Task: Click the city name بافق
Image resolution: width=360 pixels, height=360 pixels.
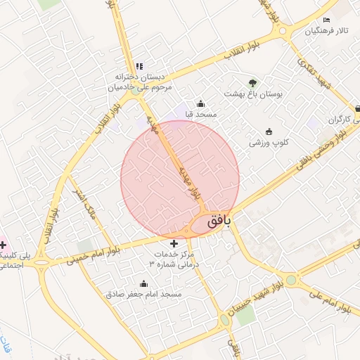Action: (x=219, y=222)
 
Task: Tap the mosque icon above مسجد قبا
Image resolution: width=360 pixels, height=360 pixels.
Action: (x=200, y=103)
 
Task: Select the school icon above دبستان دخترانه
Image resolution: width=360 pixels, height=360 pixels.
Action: (x=139, y=66)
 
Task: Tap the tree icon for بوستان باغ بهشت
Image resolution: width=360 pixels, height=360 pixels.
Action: (x=253, y=82)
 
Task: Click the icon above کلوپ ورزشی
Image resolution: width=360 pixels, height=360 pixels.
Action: (x=268, y=131)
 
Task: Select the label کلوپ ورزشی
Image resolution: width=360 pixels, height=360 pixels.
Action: (x=267, y=142)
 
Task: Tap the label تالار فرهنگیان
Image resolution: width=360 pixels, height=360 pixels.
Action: (x=326, y=32)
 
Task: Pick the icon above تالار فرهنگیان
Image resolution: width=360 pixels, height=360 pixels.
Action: (x=326, y=20)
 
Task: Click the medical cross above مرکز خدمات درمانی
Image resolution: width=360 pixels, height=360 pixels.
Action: (x=175, y=243)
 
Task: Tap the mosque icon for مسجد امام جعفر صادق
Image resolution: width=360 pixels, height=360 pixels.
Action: (x=144, y=283)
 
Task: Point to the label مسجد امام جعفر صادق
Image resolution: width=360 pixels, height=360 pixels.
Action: (x=144, y=295)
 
